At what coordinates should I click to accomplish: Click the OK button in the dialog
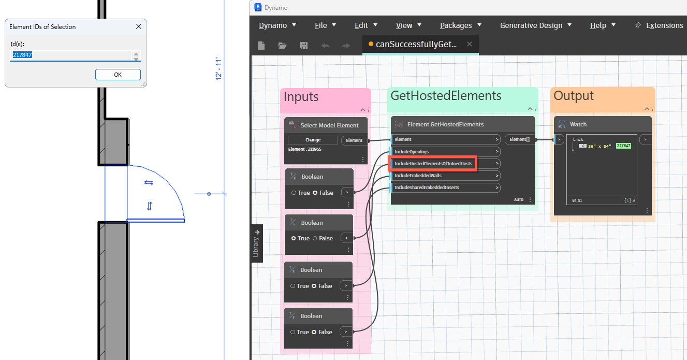click(x=118, y=75)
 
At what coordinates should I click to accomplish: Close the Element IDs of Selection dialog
click(x=139, y=27)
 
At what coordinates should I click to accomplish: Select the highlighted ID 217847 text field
click(x=72, y=55)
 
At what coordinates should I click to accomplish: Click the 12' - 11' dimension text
click(x=218, y=69)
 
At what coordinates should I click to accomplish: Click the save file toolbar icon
click(x=303, y=46)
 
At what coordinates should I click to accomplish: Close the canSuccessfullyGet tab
click(x=469, y=44)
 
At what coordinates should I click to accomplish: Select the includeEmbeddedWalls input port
click(x=445, y=176)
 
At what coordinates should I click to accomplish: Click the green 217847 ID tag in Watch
click(x=623, y=146)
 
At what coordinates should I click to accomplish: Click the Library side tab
click(x=256, y=243)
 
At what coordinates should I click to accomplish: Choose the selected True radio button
click(x=294, y=238)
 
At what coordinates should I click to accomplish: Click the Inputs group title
click(x=301, y=97)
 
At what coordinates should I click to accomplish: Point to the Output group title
click(x=574, y=96)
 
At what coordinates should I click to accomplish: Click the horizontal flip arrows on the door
click(x=149, y=183)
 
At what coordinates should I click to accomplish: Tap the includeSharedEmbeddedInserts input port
click(x=445, y=188)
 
